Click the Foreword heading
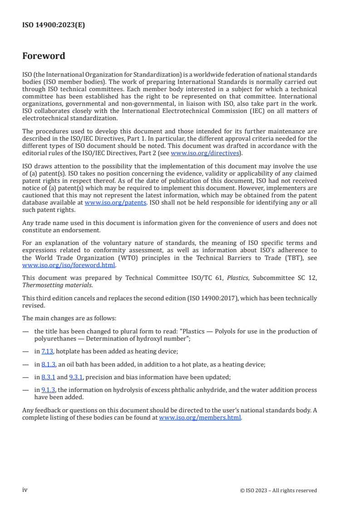click(44, 56)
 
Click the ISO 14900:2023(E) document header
click(54, 25)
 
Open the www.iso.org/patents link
click(115, 203)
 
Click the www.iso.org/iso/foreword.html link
click(69, 265)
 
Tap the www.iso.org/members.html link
click(200, 417)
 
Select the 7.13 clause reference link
click(48, 351)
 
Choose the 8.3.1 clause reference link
click(48, 377)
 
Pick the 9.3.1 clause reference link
click(76, 377)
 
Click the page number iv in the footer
click(25, 489)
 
